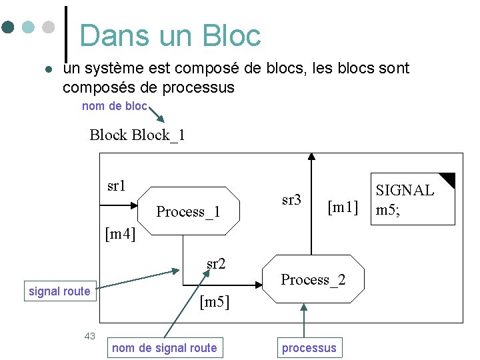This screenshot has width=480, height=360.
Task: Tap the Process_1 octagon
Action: click(188, 211)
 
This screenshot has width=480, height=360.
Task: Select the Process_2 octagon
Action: click(313, 279)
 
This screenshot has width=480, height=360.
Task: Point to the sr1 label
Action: click(117, 185)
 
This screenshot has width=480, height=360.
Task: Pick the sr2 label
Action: click(216, 263)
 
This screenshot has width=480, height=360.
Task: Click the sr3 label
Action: click(291, 199)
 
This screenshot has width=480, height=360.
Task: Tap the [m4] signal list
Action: click(120, 233)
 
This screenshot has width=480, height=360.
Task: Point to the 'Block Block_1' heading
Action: click(137, 135)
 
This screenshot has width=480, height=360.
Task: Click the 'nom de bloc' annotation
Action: click(114, 107)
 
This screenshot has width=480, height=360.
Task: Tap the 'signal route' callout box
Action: click(59, 291)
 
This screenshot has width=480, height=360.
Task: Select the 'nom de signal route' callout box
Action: click(165, 347)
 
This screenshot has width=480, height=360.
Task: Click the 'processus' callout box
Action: click(309, 347)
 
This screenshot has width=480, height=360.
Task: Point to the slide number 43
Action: click(90, 335)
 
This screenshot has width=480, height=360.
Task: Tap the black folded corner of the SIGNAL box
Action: click(447, 179)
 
